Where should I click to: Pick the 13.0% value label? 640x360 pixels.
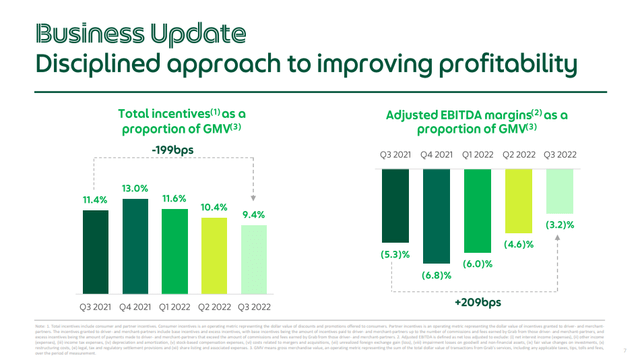point(137,188)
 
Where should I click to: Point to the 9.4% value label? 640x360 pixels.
point(255,214)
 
